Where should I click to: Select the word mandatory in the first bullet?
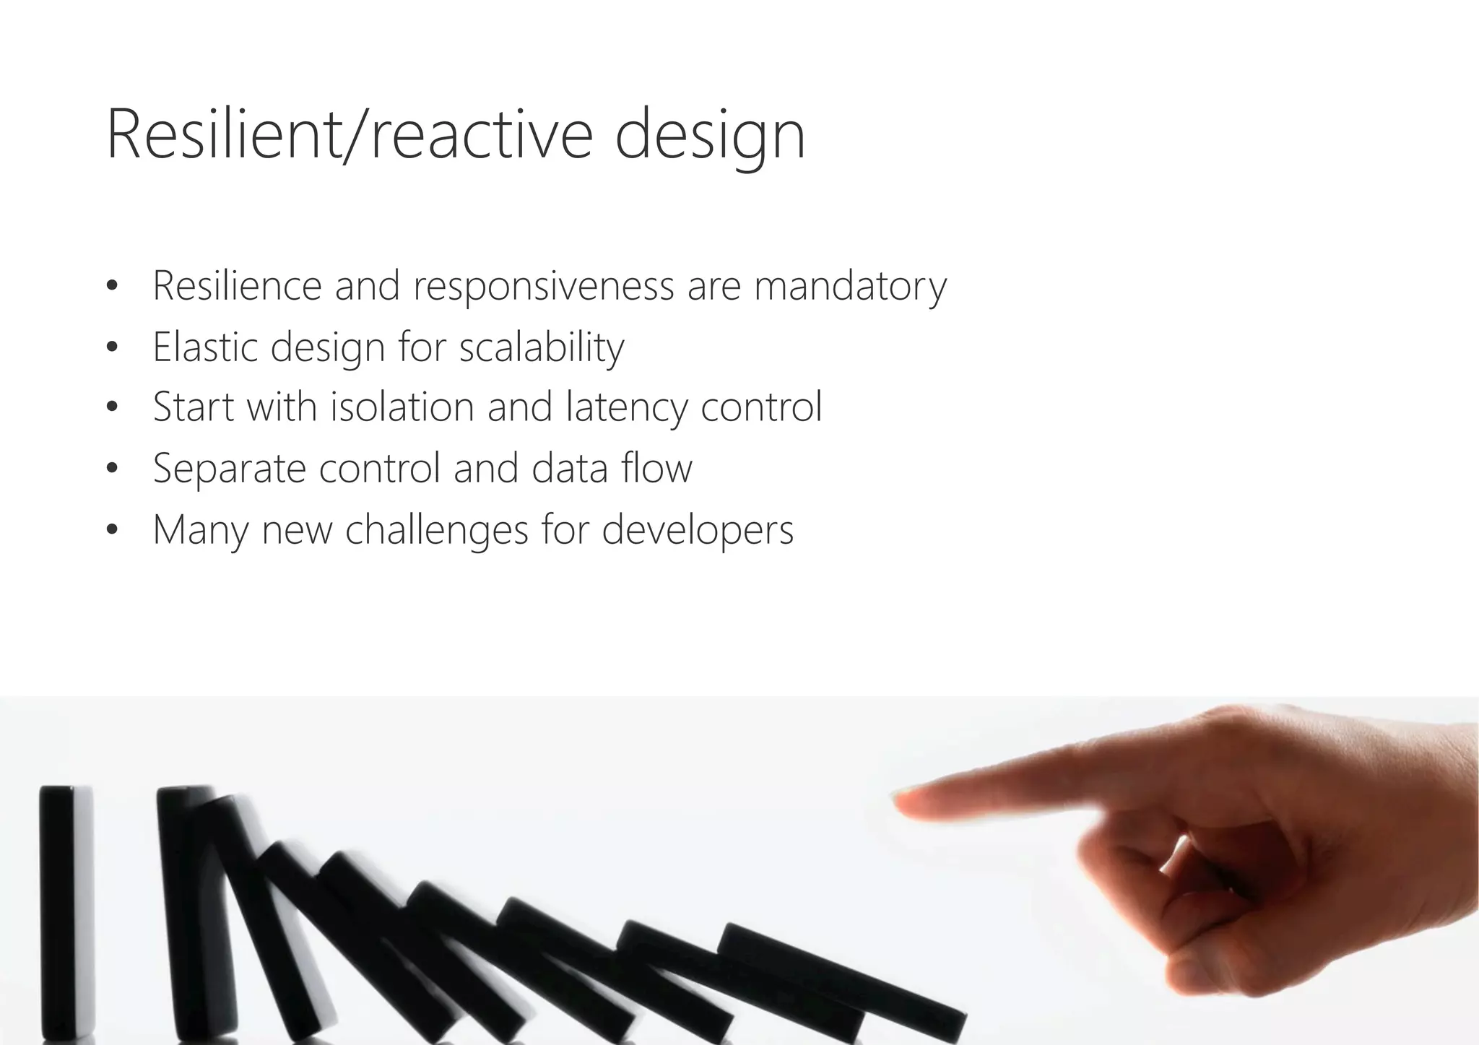click(850, 286)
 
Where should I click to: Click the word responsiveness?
click(543, 286)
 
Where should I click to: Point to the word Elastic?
click(205, 347)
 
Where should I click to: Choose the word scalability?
click(542, 348)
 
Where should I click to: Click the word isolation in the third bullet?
click(402, 407)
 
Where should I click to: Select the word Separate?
click(229, 469)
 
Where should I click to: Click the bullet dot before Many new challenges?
click(111, 531)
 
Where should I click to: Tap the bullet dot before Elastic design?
click(111, 348)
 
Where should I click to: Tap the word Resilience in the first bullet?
click(237, 286)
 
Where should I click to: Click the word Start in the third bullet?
click(194, 407)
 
